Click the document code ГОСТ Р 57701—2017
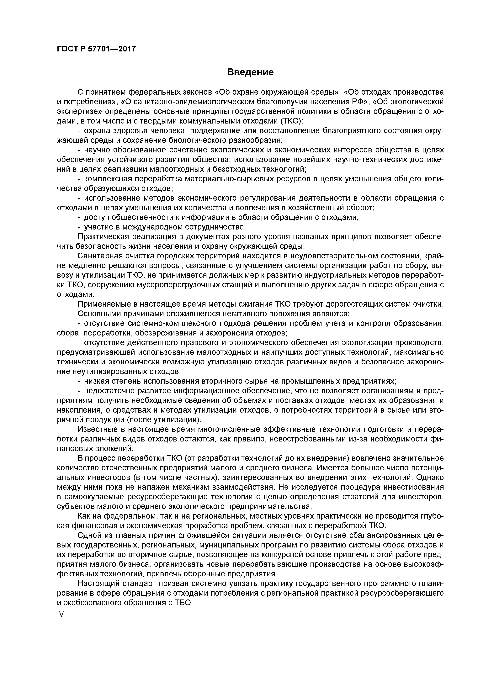(96, 49)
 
